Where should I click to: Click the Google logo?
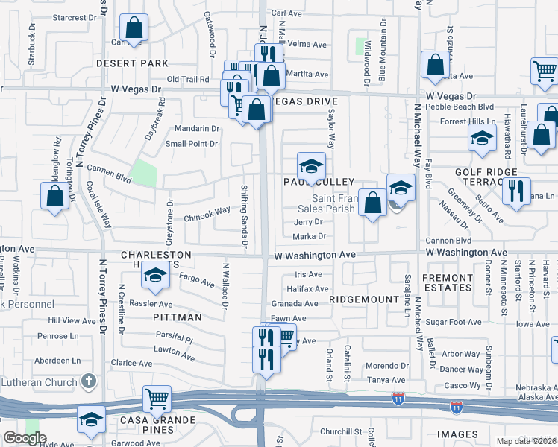pos(25,438)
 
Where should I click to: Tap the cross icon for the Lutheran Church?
pos(88,382)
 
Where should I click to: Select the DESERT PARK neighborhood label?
pos(133,63)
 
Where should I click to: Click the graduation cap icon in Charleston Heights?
pos(155,276)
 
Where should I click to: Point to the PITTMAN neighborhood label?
pos(180,317)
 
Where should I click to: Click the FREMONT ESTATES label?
pos(448,282)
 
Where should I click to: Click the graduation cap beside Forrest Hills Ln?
pos(482,137)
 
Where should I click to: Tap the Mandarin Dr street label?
pos(197,128)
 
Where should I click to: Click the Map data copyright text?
pos(527,441)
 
